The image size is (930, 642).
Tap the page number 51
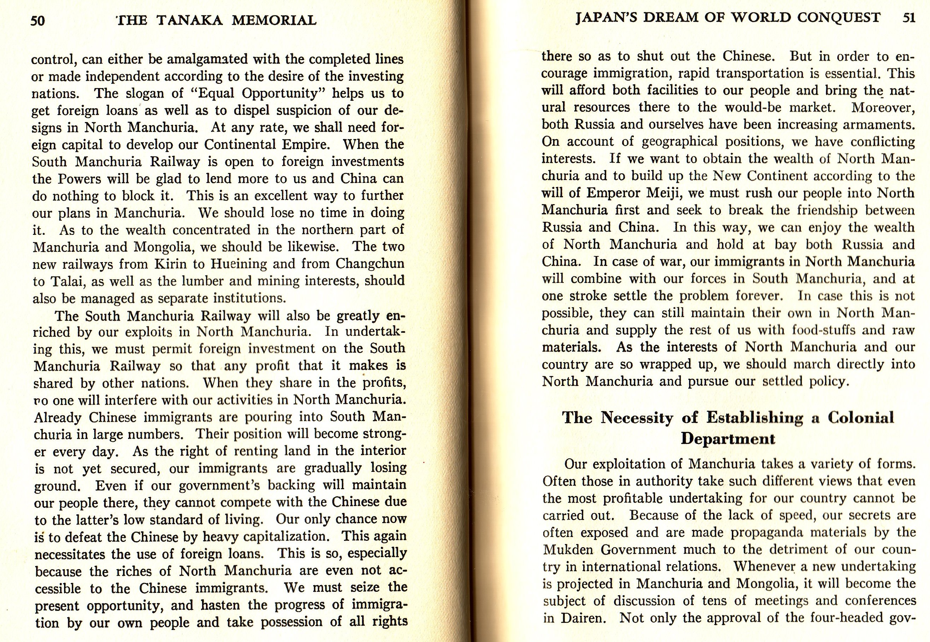click(909, 18)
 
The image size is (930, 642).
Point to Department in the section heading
click(728, 439)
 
